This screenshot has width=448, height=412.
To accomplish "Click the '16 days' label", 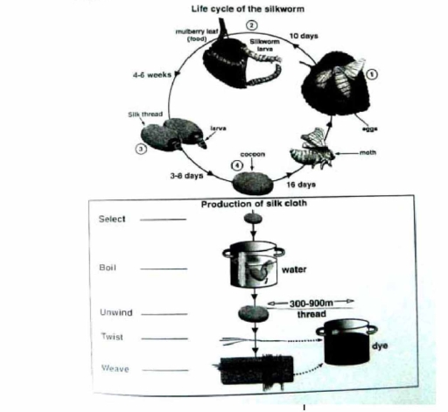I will [303, 186].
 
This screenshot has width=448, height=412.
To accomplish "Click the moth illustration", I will [318, 148].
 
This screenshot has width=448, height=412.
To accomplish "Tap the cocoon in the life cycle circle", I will [253, 184].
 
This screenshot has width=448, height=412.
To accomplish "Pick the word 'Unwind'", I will [115, 311].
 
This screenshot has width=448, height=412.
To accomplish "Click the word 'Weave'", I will [113, 368].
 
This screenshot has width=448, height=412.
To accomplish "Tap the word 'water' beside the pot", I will [296, 270].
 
